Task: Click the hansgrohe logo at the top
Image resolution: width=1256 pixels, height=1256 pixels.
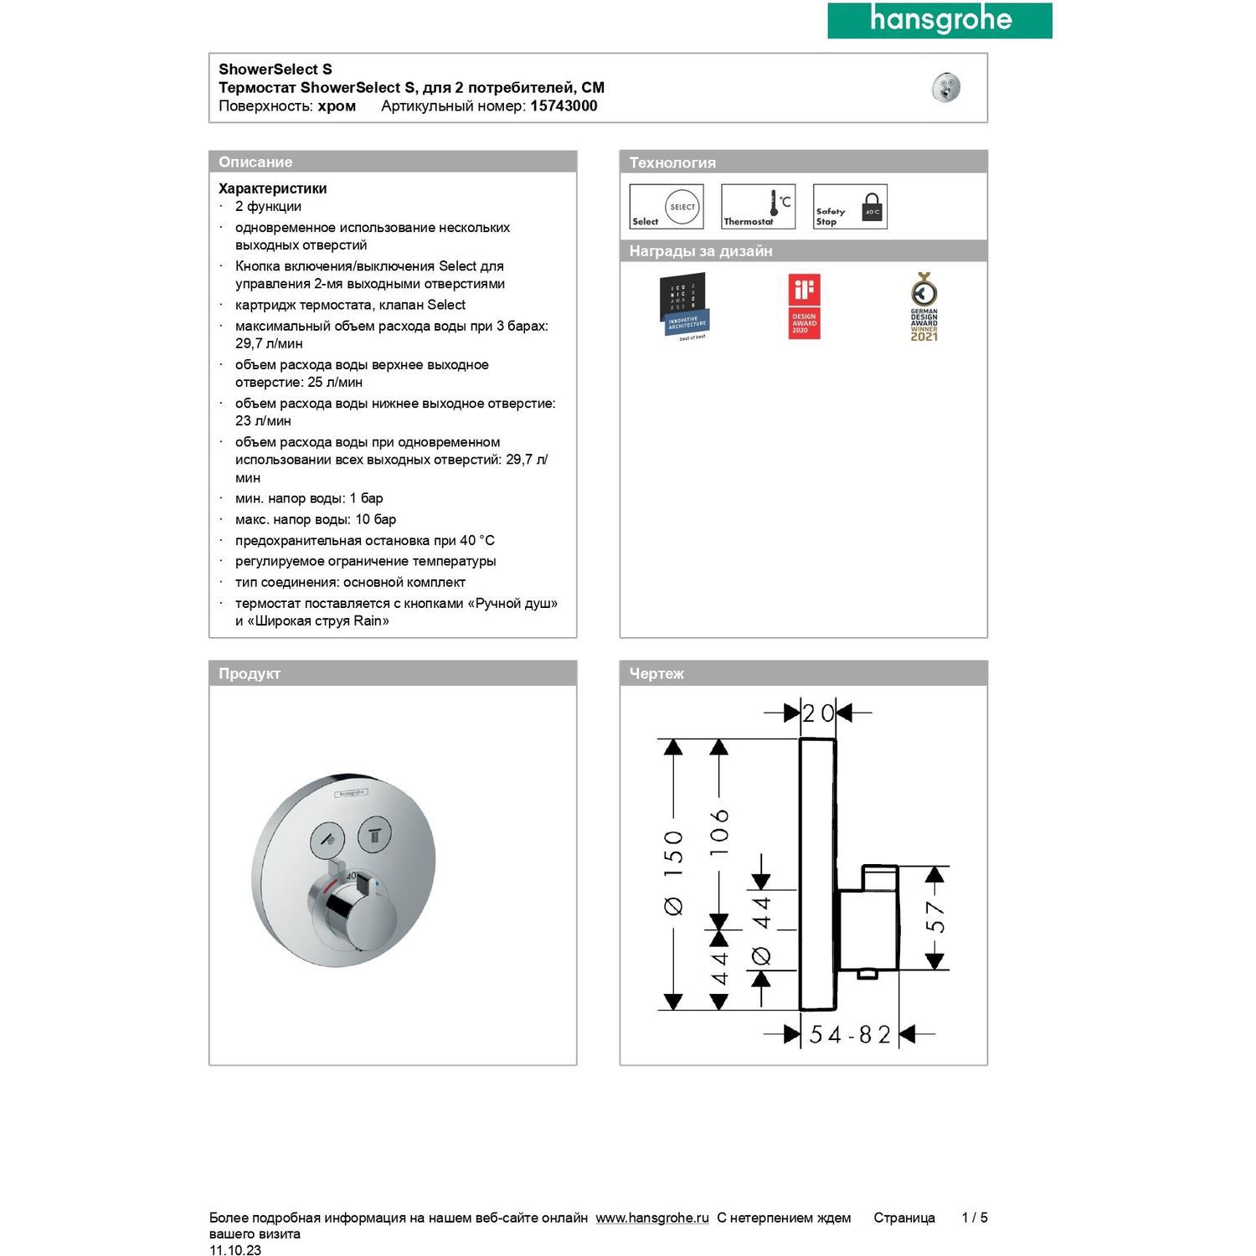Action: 939,20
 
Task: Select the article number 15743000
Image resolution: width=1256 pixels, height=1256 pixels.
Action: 564,106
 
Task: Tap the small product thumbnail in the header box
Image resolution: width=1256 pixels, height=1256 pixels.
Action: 945,87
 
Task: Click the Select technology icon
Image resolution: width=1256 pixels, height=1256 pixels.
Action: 667,207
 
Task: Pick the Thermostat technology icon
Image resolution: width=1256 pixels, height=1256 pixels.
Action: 758,207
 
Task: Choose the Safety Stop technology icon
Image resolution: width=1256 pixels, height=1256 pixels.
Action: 850,207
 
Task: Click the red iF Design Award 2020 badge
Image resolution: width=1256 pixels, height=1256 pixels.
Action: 804,306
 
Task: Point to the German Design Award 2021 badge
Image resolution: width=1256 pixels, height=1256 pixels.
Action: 924,306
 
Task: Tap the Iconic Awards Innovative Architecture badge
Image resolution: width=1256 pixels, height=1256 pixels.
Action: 684,306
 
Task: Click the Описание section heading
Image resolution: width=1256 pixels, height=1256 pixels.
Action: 255,162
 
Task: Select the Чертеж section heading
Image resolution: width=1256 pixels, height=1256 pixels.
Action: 656,674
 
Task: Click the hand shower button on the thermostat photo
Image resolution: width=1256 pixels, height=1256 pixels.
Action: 327,838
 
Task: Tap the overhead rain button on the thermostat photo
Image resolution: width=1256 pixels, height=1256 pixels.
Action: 374,834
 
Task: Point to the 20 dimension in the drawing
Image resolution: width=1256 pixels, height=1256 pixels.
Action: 818,713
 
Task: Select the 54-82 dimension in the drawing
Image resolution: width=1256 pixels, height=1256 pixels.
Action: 849,1035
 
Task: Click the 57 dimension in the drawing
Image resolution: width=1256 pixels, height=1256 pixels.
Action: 935,918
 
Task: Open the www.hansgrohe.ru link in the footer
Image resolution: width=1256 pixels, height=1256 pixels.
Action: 652,1218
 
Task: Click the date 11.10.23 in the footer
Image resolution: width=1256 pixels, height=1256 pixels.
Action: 235,1250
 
